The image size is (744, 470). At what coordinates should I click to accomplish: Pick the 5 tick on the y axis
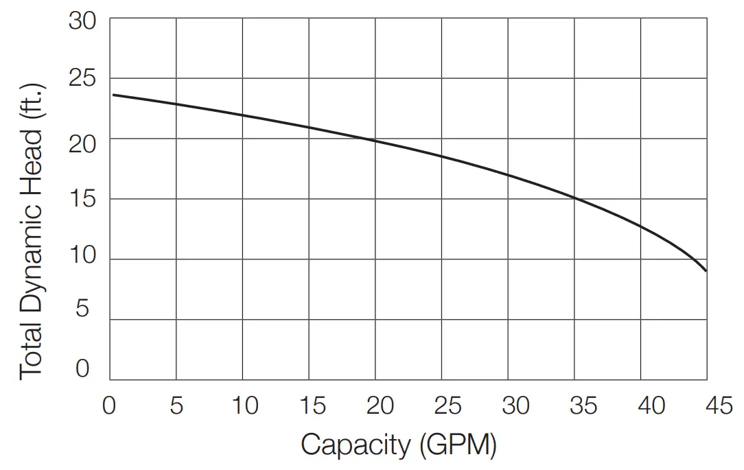coord(83,309)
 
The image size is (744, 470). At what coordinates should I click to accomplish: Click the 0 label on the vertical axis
coord(83,369)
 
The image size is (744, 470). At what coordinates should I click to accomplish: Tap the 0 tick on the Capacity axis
coord(110,406)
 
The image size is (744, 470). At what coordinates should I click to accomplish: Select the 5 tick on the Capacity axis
coord(176,406)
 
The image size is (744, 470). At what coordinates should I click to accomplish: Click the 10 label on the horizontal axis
coord(243,406)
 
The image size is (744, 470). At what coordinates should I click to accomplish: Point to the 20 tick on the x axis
coord(380,406)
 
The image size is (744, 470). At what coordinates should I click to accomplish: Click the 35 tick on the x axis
coord(583,406)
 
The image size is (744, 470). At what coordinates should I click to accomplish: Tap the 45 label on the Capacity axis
coord(718,406)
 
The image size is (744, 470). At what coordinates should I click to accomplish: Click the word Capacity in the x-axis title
coord(354,445)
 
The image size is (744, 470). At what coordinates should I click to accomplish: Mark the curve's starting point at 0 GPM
coord(113,95)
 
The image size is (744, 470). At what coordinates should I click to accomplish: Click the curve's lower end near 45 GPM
coord(705,270)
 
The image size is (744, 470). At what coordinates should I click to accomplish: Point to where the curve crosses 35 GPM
coord(574,199)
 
